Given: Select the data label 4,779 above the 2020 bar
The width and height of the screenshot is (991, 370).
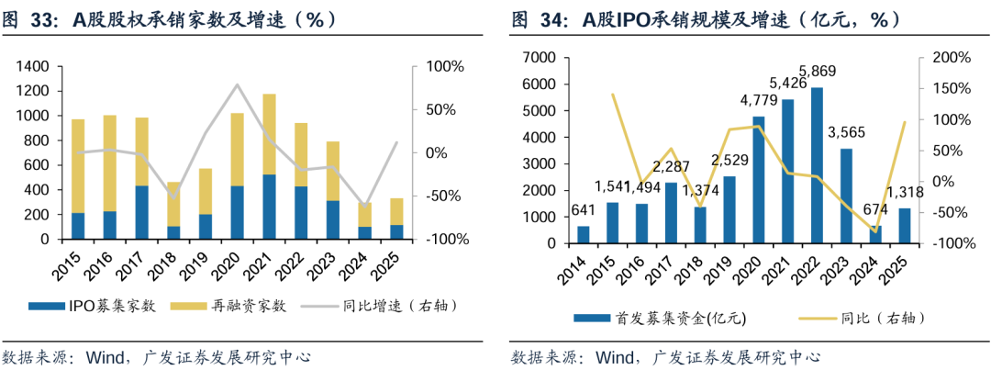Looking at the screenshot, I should click(758, 100).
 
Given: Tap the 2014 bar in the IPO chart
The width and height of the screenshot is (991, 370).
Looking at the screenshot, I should click(583, 234).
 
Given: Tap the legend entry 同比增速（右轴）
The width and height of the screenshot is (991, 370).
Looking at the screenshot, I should click(404, 306).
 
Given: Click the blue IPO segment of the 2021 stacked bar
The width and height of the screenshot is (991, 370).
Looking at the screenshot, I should click(270, 207).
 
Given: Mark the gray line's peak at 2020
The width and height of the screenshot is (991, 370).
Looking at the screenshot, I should click(238, 84).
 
